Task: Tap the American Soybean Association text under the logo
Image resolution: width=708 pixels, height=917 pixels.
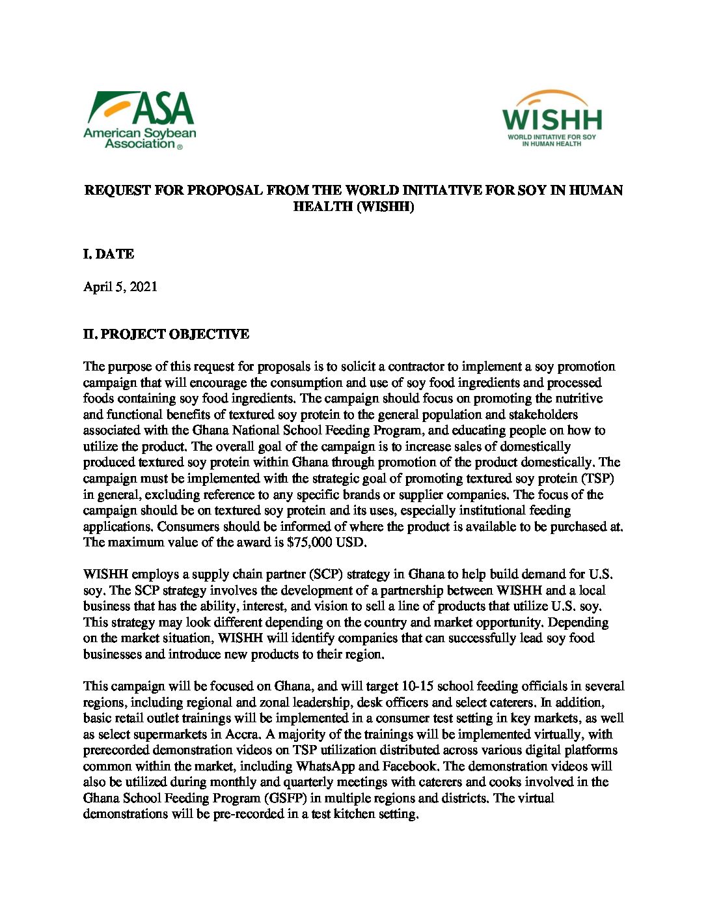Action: pos(140,138)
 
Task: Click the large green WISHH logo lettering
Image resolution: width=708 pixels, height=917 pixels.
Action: pos(552,120)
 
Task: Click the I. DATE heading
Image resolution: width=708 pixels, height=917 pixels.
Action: pos(109,254)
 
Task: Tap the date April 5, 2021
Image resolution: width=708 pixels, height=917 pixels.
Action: pos(120,287)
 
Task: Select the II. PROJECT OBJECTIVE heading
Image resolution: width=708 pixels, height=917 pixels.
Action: pos(166,334)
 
